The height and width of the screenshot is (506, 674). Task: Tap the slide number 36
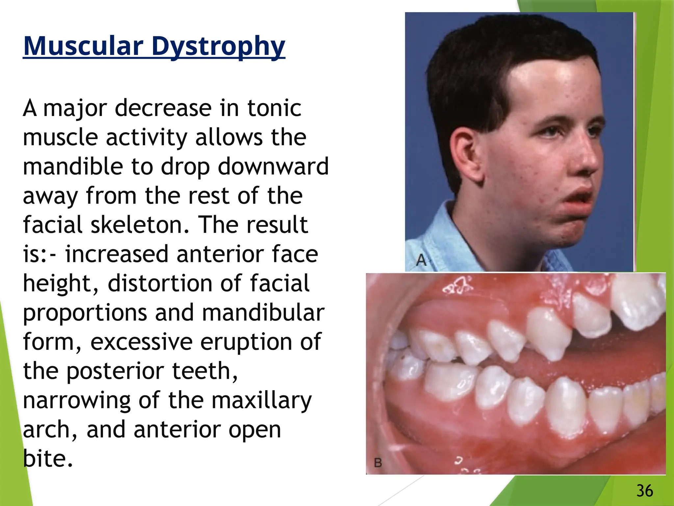point(644,491)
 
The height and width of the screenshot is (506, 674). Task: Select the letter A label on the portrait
point(421,260)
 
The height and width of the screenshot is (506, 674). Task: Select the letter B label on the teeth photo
point(378,463)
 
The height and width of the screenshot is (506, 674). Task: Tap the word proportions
point(85,313)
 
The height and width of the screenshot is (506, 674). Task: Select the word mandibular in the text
point(263,313)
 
